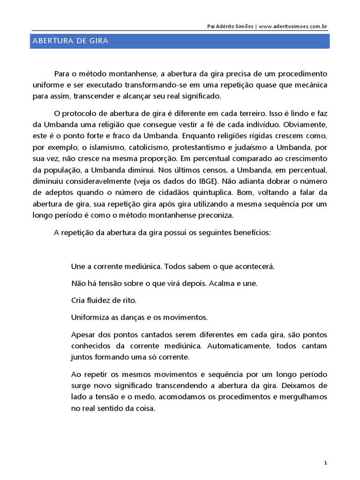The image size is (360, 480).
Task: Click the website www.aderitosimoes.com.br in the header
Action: pos(292,26)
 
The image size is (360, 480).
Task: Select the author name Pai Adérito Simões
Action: pos(230,26)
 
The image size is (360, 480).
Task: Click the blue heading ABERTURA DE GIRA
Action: pos(70,41)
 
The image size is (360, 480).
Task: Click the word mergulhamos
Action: pos(303,397)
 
